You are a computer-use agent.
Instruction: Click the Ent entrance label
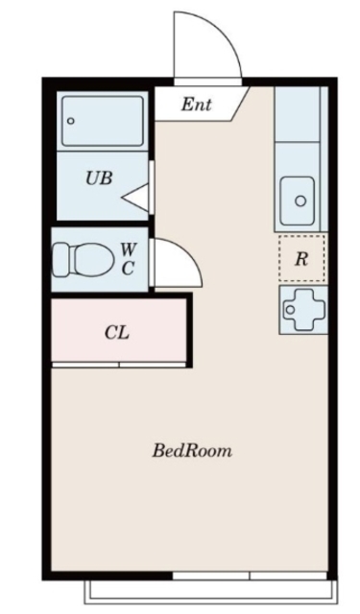pyautogui.click(x=196, y=105)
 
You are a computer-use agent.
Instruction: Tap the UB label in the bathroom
pyautogui.click(x=99, y=178)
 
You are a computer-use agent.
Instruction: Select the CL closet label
pyautogui.click(x=117, y=333)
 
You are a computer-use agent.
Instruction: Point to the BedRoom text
pyautogui.click(x=192, y=451)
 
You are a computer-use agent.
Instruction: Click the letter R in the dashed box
pyautogui.click(x=300, y=259)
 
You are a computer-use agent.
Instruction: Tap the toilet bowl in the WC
pyautogui.click(x=89, y=258)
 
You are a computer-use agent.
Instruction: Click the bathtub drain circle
pyautogui.click(x=70, y=121)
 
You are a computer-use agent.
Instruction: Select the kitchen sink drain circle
pyautogui.click(x=300, y=201)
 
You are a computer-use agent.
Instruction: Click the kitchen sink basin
pyautogui.click(x=298, y=201)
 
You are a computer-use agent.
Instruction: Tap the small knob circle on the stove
pyautogui.click(x=290, y=310)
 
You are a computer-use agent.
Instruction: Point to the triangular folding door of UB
pyautogui.click(x=135, y=198)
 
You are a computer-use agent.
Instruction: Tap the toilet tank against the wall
pyautogui.click(x=61, y=258)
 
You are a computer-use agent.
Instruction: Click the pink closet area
pyautogui.click(x=118, y=330)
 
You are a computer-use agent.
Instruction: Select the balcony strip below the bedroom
pyautogui.click(x=210, y=592)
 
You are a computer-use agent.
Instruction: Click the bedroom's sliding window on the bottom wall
pyautogui.click(x=250, y=576)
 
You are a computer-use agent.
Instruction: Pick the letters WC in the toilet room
pyautogui.click(x=128, y=259)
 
